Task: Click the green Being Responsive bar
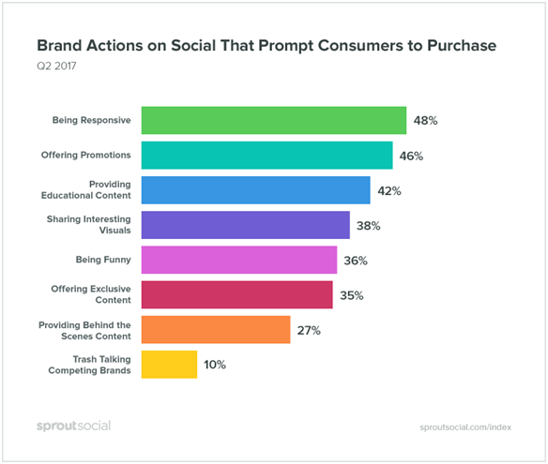(274, 120)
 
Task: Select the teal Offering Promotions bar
(267, 156)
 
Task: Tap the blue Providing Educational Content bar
(256, 190)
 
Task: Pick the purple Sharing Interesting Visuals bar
(245, 225)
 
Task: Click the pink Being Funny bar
(239, 260)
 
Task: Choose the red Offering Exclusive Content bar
(237, 294)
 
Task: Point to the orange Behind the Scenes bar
(216, 330)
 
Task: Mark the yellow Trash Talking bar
(169, 365)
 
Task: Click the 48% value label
(425, 121)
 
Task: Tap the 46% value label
(411, 156)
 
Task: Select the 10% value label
(215, 365)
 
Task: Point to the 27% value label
(309, 330)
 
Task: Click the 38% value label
(369, 226)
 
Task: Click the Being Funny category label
(103, 260)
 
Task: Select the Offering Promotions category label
(86, 155)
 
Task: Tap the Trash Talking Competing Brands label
(89, 365)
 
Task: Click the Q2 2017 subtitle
(56, 66)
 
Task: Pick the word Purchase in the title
(462, 46)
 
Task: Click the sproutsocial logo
(74, 426)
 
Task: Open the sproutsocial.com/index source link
(465, 427)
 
